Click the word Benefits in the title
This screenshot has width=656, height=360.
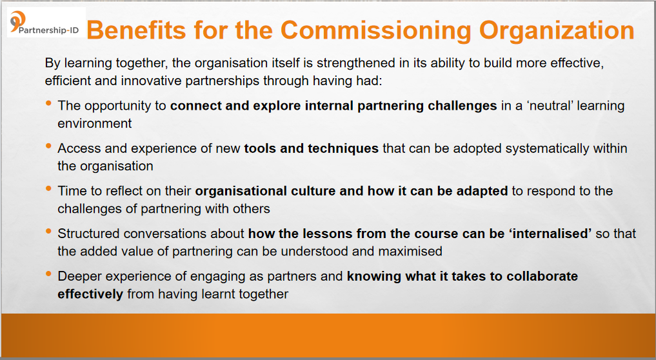point(136,30)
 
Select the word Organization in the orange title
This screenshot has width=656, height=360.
point(557,31)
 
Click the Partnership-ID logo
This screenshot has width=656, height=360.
point(46,23)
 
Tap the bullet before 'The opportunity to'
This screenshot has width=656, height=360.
point(49,103)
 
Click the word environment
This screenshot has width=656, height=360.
point(95,123)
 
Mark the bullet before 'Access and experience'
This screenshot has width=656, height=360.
point(49,146)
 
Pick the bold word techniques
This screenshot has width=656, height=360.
point(343,148)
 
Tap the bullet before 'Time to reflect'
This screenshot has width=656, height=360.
point(49,188)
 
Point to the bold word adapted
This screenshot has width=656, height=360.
point(482,192)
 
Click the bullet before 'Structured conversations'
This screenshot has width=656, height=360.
point(49,231)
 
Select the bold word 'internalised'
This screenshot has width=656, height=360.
point(550,234)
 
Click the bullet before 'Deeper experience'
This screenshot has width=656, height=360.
point(49,274)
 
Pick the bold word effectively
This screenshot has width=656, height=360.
point(90,294)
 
